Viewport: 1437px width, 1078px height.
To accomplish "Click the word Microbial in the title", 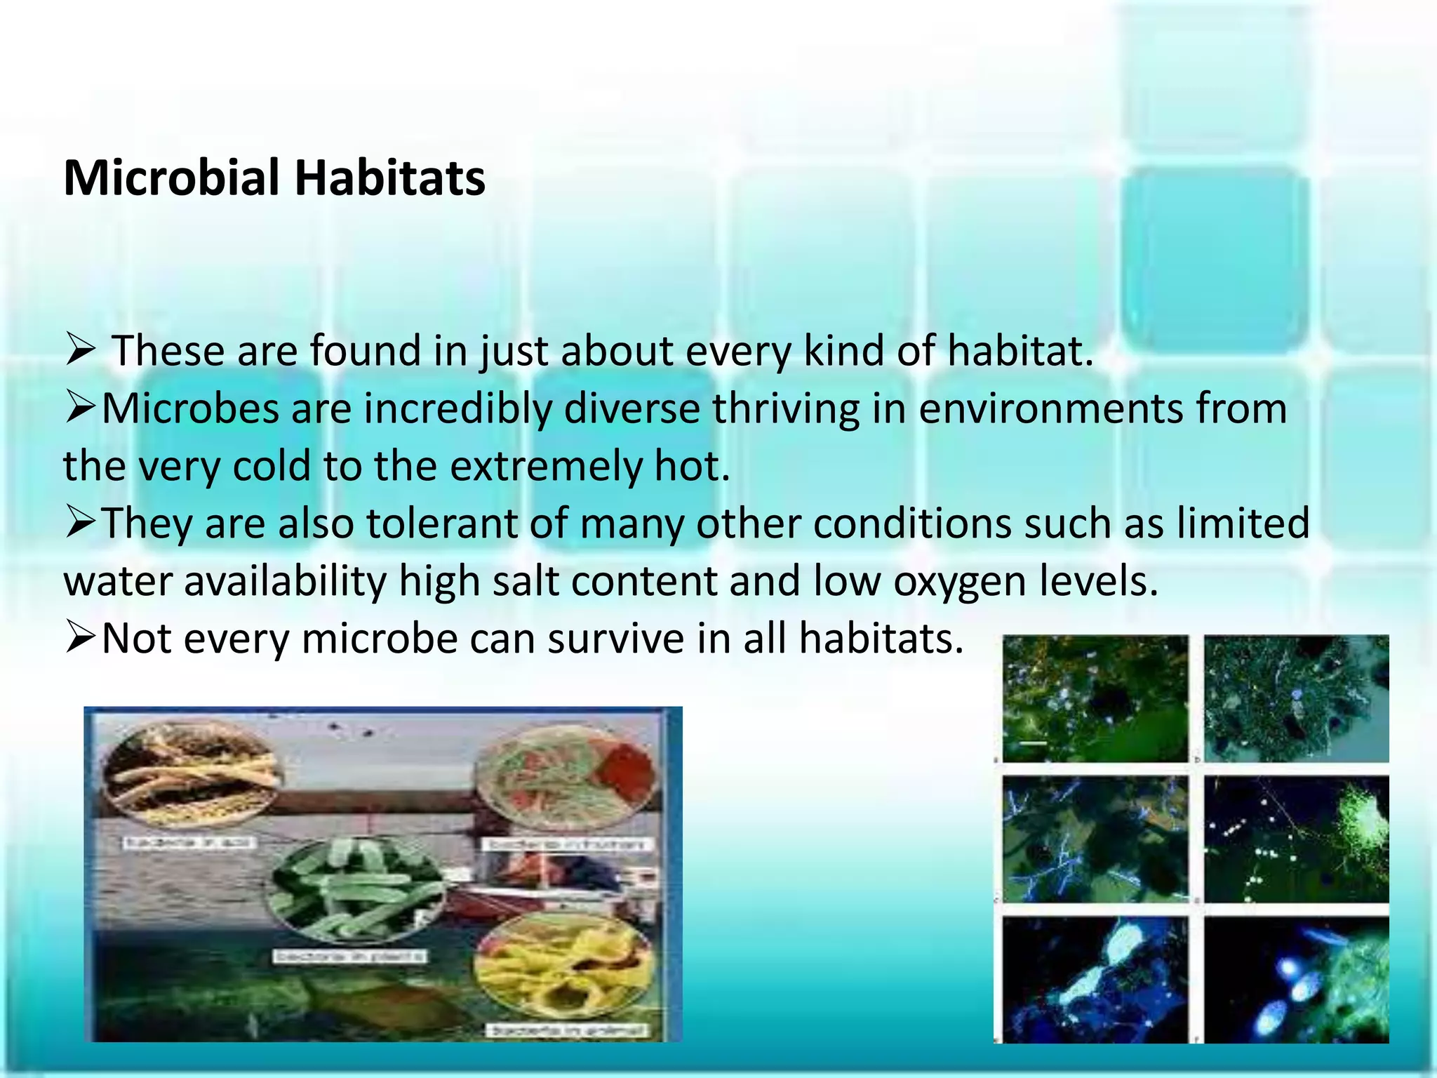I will tap(172, 178).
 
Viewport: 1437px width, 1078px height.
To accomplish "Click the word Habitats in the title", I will tap(389, 178).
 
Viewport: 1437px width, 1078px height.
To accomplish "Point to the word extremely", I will tap(545, 466).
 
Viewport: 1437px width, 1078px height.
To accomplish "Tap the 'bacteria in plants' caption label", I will tap(349, 957).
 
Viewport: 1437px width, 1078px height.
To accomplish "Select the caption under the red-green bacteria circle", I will tap(567, 844).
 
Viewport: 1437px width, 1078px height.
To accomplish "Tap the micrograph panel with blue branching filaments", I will tap(1095, 839).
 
